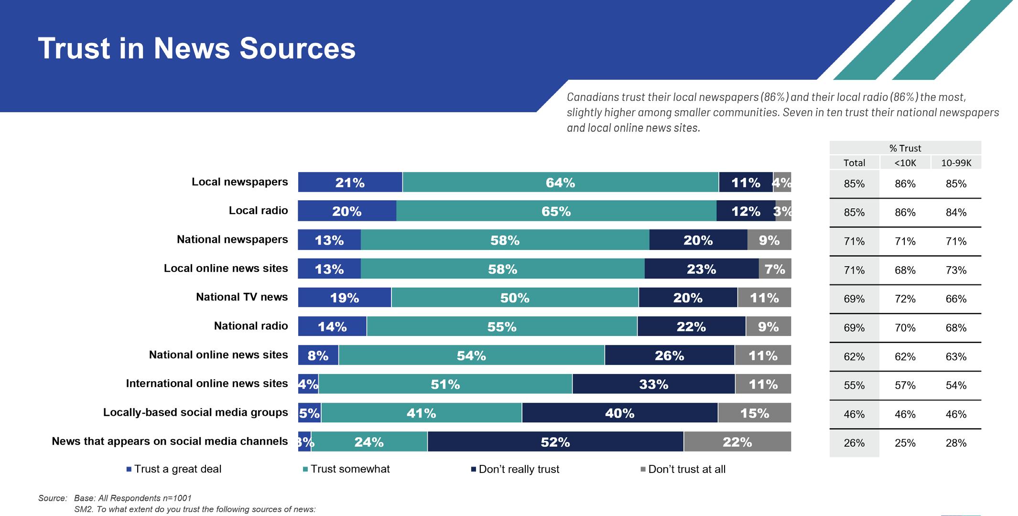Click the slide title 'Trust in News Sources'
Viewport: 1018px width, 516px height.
[196, 48]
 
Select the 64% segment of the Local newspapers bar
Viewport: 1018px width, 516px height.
[560, 183]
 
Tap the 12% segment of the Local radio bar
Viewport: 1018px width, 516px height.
[746, 211]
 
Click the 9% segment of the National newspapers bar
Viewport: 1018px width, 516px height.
[769, 240]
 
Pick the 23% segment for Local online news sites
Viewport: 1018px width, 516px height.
[701, 269]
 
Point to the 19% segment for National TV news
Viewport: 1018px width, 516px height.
[344, 298]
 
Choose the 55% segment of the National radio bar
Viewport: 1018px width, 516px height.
[502, 326]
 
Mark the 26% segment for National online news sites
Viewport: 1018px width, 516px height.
[669, 355]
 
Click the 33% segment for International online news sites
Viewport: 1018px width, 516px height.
[653, 384]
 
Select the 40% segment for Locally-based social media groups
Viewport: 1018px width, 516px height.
[619, 413]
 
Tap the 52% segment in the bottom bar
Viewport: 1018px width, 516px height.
[555, 442]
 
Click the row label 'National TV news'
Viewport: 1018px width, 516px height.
[242, 297]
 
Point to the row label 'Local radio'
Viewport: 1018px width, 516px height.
[258, 211]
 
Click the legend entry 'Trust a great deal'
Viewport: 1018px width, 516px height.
[177, 469]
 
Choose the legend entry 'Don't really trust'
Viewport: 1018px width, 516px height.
[519, 469]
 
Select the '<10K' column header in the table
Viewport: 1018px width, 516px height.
[905, 163]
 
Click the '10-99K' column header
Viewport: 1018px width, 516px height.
[956, 163]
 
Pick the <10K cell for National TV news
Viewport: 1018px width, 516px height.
[905, 299]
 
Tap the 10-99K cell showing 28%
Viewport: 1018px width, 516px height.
[956, 443]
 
